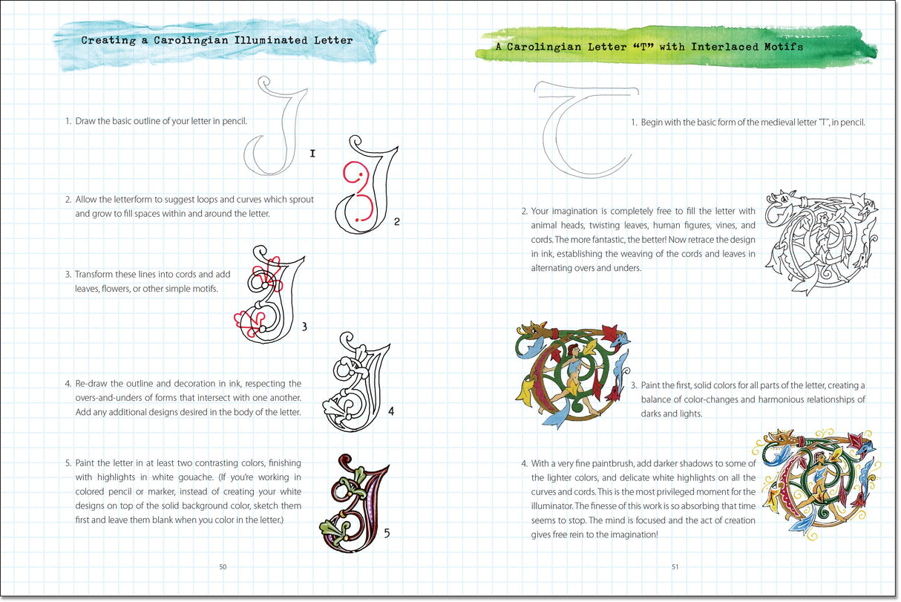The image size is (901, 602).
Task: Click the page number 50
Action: (x=223, y=567)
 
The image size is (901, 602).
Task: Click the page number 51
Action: (x=675, y=567)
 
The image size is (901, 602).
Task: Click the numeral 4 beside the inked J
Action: (x=390, y=412)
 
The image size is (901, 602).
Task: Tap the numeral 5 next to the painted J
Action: (x=387, y=531)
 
